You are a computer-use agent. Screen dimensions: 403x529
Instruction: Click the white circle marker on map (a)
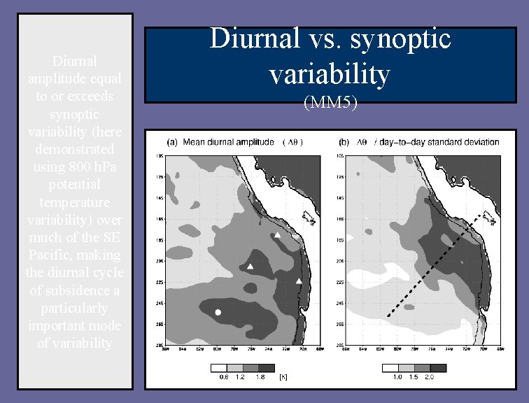[x=218, y=312]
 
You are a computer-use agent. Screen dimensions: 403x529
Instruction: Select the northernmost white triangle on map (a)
[x=278, y=236]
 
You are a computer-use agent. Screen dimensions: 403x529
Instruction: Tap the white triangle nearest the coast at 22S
[x=299, y=281]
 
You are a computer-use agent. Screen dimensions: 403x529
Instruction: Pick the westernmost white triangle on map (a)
[x=251, y=266]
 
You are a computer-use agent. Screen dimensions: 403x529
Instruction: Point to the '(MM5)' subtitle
[x=330, y=104]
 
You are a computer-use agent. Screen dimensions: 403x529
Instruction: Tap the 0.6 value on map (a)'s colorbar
[x=223, y=377]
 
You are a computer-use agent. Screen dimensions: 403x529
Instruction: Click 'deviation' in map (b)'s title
[x=483, y=142]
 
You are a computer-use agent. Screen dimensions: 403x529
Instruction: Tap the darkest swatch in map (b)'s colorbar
[x=438, y=367]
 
